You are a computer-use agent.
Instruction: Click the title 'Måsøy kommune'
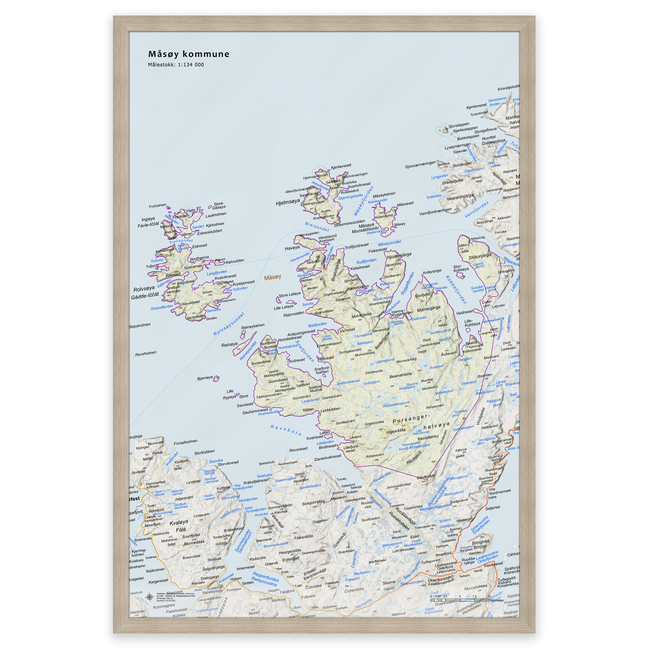tap(189, 54)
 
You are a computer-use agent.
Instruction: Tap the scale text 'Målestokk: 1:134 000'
tap(176, 65)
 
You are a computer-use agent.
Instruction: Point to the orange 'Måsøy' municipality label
tap(273, 277)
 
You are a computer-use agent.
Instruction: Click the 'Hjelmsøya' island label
tap(287, 202)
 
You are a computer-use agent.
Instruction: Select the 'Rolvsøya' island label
tap(144, 289)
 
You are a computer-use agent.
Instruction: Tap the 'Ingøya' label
tap(148, 219)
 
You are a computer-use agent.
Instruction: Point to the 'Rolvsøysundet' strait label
tap(229, 324)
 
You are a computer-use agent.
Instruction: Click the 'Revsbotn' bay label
tap(286, 430)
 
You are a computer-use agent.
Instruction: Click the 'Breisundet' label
tap(317, 227)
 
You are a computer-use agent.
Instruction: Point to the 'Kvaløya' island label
tap(179, 523)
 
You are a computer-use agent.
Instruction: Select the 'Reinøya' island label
tap(229, 345)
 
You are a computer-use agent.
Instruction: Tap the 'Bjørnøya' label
tap(205, 378)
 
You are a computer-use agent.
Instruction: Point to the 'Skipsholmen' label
tap(140, 325)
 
